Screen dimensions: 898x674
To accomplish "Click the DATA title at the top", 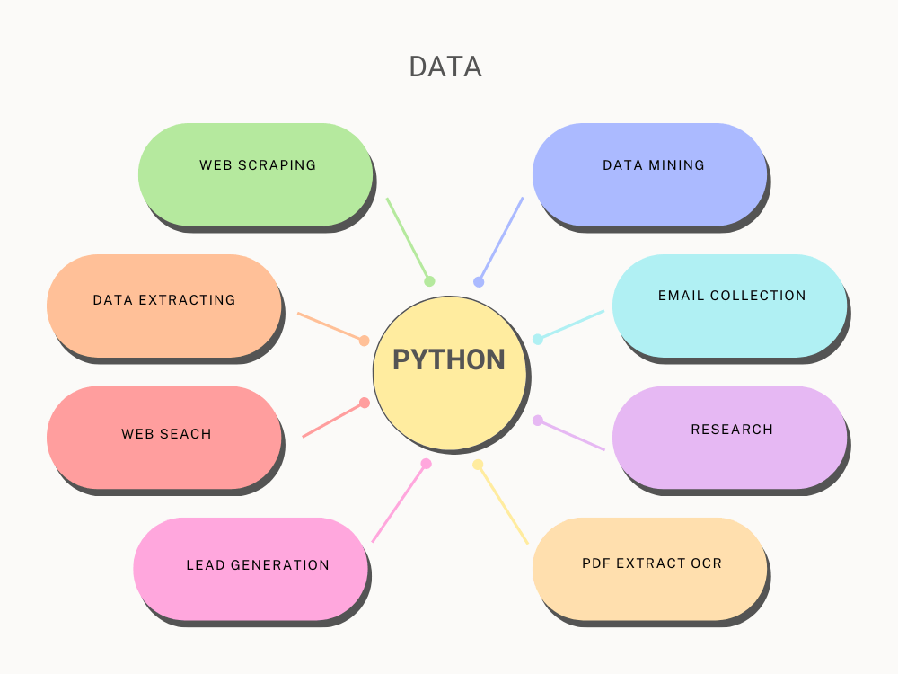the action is tap(445, 67).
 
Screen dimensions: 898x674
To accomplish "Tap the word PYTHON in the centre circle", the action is tap(449, 360).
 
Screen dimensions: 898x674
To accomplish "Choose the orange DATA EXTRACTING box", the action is tap(163, 306).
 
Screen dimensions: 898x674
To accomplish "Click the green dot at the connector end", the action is tap(429, 281).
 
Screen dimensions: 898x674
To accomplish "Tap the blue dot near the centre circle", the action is tap(479, 282).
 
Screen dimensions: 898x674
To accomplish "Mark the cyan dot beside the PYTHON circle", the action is tap(538, 339).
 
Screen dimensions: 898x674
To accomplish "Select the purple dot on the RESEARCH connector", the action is tap(538, 420).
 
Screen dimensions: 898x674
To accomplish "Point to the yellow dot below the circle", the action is tap(478, 465).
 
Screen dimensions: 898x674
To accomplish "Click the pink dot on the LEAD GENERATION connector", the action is tap(426, 464).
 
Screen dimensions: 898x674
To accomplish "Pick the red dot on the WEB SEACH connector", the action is tap(365, 403).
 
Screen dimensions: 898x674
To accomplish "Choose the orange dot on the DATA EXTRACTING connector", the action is tap(364, 341).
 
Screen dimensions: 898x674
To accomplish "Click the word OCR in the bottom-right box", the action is tap(707, 563).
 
